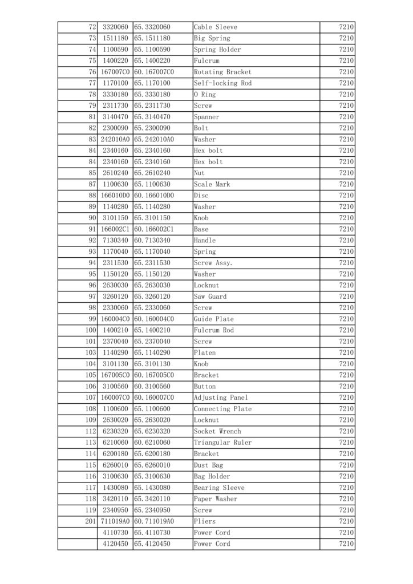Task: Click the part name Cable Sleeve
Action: [x=216, y=27]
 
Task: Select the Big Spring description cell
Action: [x=212, y=38]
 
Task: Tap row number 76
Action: [x=92, y=72]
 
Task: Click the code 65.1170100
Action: [x=152, y=83]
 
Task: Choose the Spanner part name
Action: [x=206, y=117]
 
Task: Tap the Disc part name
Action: [x=201, y=196]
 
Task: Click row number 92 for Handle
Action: [x=92, y=241]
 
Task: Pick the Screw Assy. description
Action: [x=213, y=263]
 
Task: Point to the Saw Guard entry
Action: [x=210, y=297]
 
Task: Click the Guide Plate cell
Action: [x=214, y=319]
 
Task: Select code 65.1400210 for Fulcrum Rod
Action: [x=152, y=330]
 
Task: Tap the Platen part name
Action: [x=205, y=353]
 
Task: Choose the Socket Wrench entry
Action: [x=217, y=431]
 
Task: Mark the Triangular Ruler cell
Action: [x=222, y=443]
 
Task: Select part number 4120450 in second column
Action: [x=115, y=544]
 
